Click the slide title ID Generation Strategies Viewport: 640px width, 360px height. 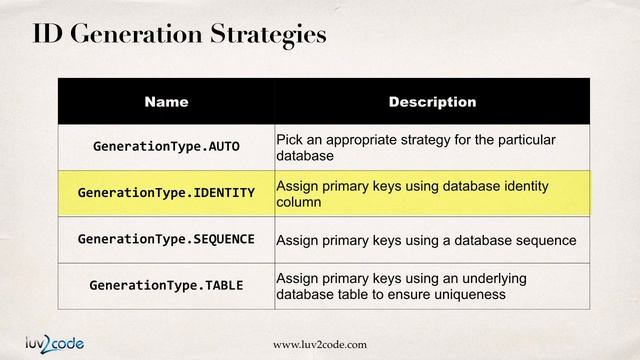(x=180, y=35)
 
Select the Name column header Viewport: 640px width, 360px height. (x=166, y=101)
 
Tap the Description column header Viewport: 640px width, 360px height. (x=432, y=101)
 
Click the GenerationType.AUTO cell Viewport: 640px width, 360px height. (x=166, y=146)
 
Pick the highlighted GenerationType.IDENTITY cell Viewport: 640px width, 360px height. (x=166, y=192)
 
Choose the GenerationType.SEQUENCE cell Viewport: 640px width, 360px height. (x=166, y=239)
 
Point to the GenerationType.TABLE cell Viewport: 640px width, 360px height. (x=166, y=285)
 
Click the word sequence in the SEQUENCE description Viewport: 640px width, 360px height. (x=543, y=240)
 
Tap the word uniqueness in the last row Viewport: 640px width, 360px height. (x=470, y=295)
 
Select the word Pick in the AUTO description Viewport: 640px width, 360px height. (x=289, y=139)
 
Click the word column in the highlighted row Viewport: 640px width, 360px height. (x=298, y=202)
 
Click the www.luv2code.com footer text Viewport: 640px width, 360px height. (x=320, y=344)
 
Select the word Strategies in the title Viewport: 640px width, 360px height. (x=269, y=35)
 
